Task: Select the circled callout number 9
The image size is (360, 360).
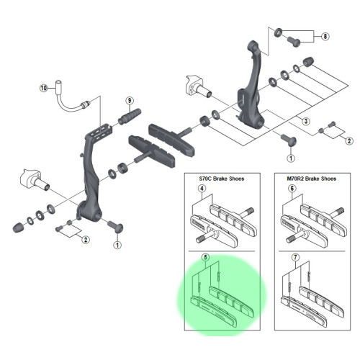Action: point(130,100)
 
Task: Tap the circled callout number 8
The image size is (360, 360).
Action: point(325,35)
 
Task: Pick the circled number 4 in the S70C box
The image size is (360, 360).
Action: point(202,189)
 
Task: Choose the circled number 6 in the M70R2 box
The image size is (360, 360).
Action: point(292,189)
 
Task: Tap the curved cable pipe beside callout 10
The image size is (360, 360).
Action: point(68,104)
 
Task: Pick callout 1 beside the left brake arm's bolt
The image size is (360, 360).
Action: point(116,245)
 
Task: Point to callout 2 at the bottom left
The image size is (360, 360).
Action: point(85,239)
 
